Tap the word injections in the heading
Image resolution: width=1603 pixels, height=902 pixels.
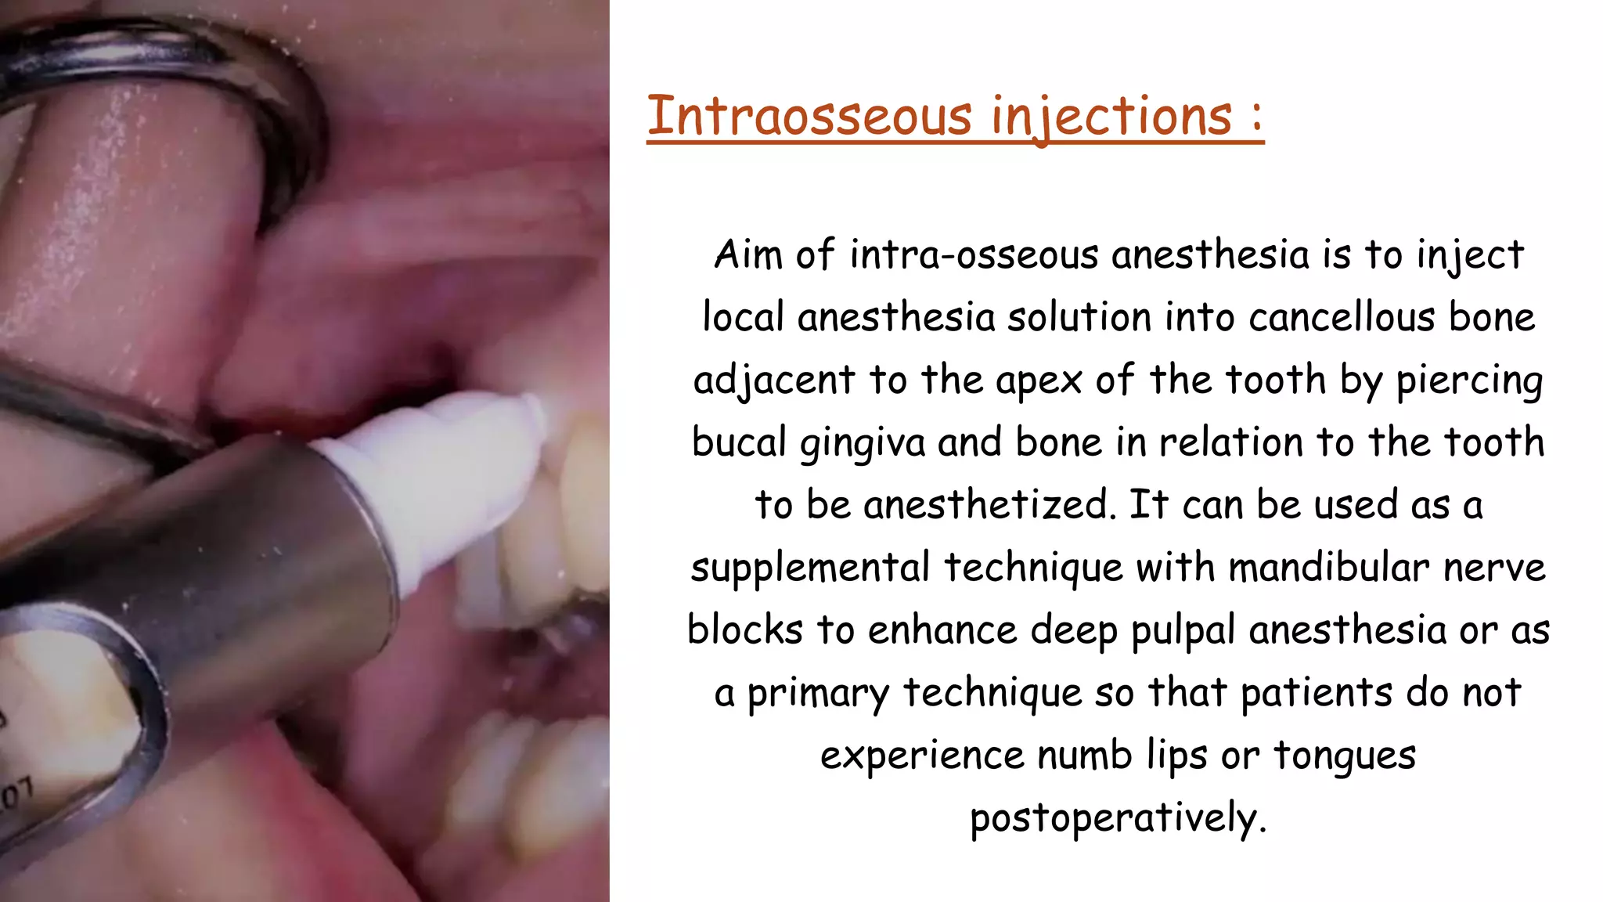point(1111,117)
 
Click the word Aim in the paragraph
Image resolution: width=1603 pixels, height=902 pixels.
point(748,254)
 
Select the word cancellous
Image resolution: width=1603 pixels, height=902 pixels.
point(1342,317)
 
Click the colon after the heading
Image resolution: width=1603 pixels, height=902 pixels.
point(1256,117)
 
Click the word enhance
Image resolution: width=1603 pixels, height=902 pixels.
point(942,630)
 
